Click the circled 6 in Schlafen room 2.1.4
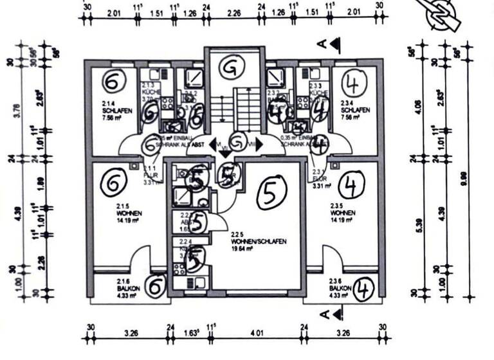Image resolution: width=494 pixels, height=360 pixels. tap(112, 82)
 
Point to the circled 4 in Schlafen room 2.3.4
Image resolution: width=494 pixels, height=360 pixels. tap(352, 82)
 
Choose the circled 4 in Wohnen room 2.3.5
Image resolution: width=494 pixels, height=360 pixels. tap(351, 185)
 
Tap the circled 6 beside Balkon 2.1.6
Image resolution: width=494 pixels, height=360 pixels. tap(154, 286)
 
